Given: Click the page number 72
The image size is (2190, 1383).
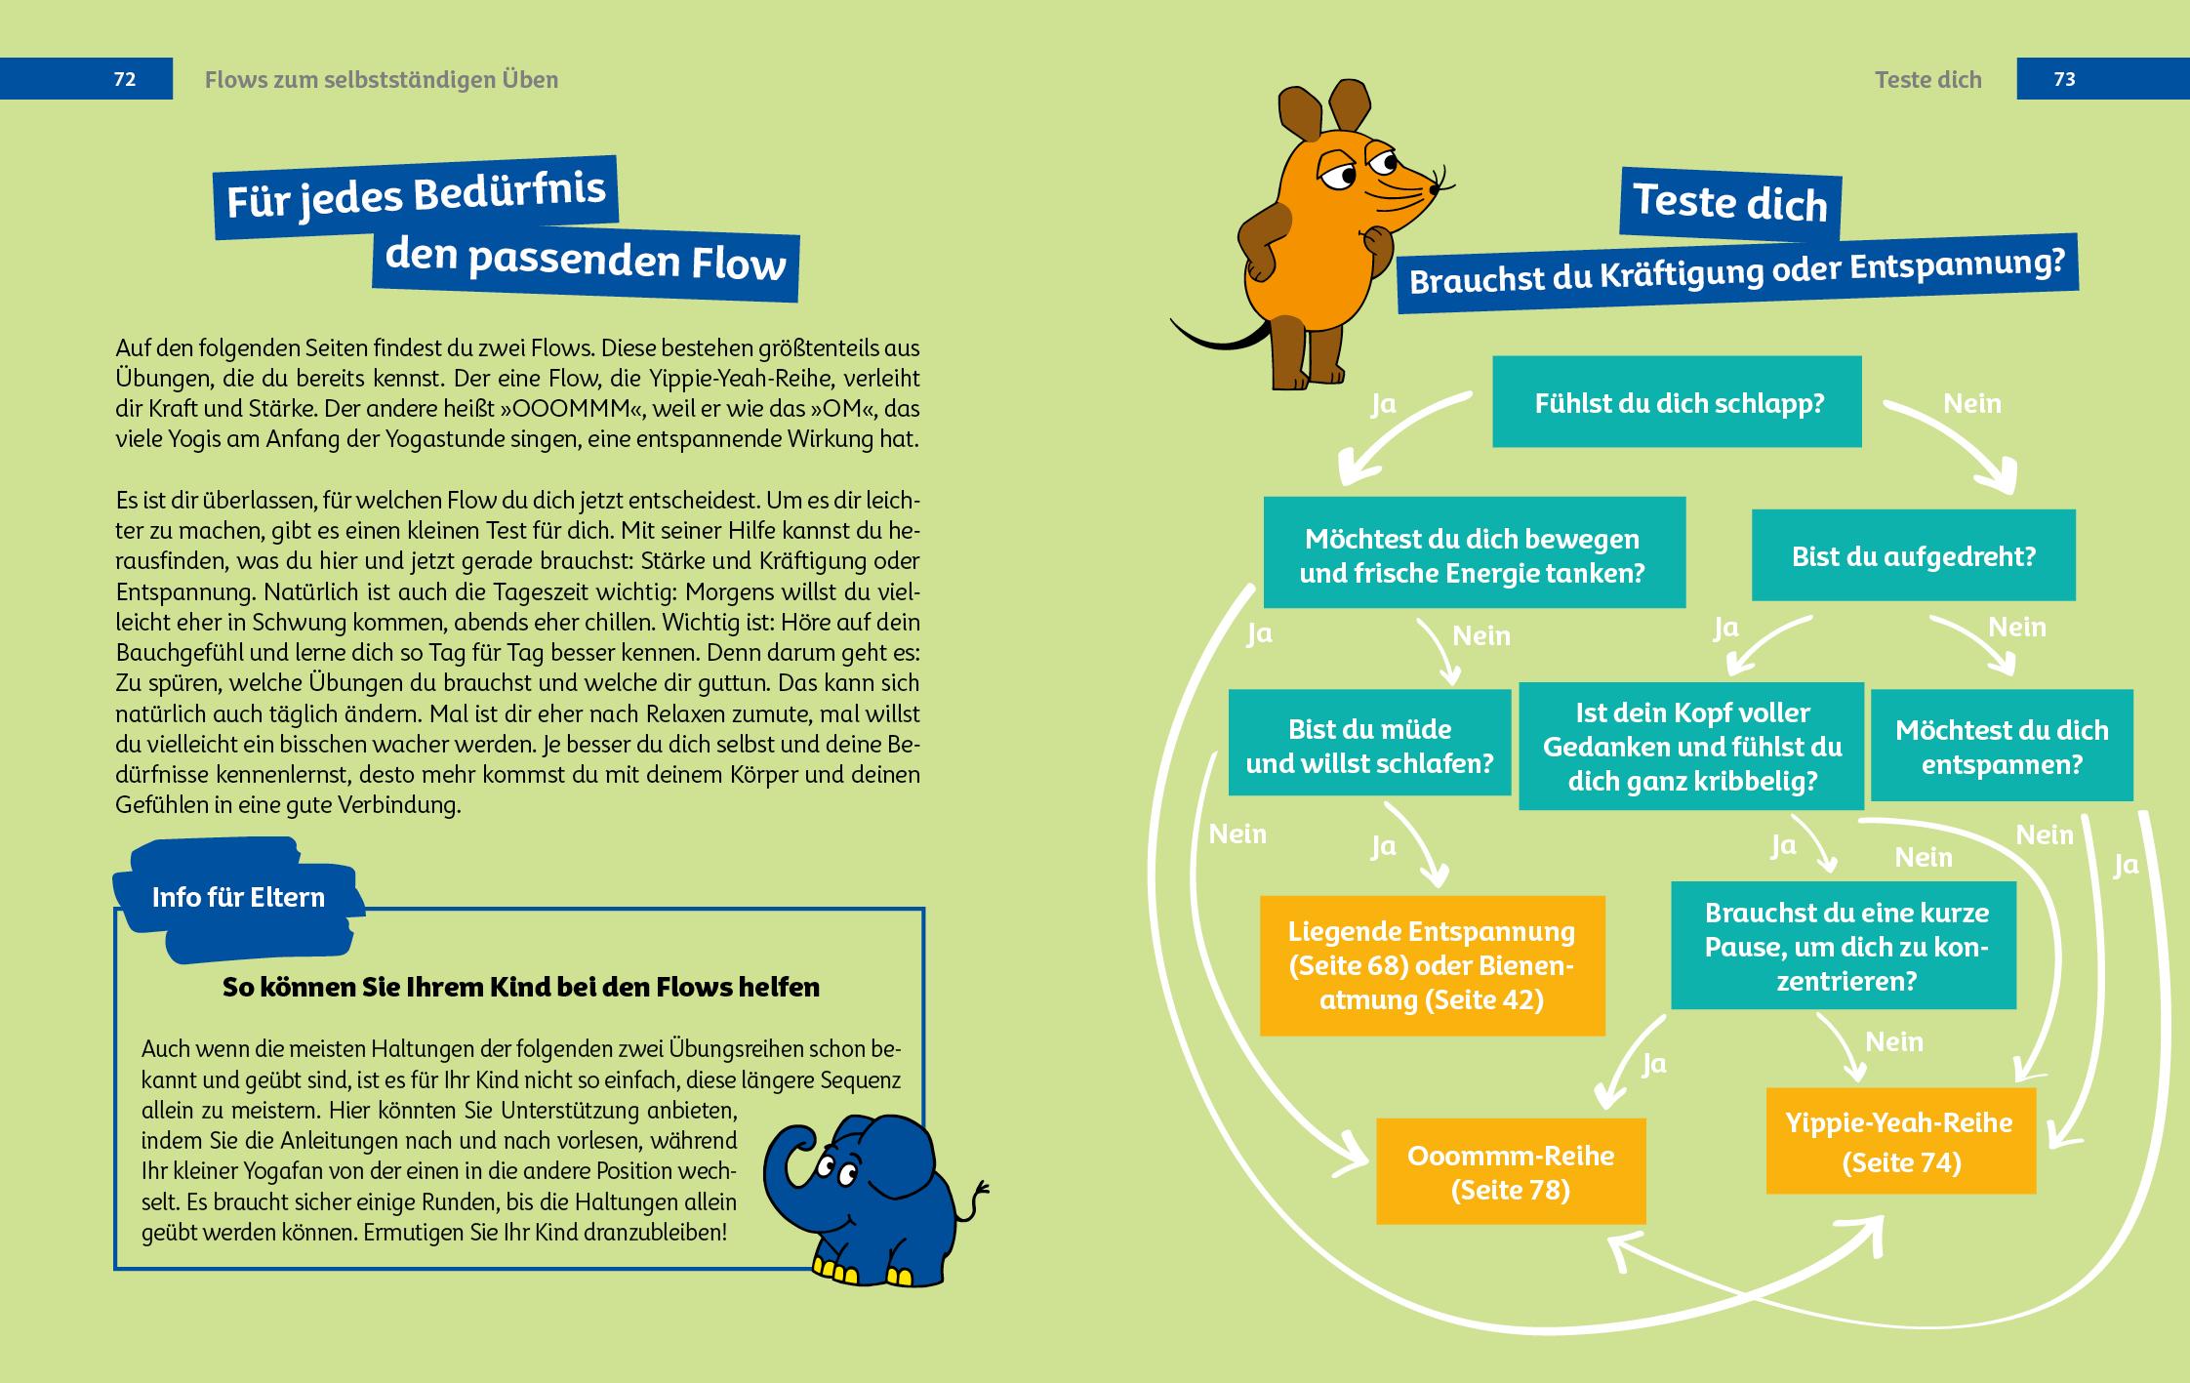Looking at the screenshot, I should (x=124, y=79).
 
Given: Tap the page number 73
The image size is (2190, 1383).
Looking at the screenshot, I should (x=2064, y=79).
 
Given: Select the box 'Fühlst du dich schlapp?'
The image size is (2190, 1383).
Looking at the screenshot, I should (x=1678, y=402).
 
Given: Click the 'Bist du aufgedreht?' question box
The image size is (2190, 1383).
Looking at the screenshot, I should (x=1913, y=555).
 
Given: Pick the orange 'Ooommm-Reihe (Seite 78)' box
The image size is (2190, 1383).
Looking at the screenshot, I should (x=1510, y=1171).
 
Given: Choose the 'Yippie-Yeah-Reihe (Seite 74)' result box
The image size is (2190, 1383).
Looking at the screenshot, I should (x=1899, y=1141).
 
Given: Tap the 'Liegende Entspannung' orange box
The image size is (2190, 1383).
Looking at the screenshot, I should (x=1431, y=964).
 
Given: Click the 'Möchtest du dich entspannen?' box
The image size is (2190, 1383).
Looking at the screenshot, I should (x=2001, y=746).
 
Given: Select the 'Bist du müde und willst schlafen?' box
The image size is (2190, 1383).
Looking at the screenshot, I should (x=1369, y=745).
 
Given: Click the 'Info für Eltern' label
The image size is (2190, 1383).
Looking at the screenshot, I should (x=238, y=897).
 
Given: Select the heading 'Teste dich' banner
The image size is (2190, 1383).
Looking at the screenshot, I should (x=1729, y=203).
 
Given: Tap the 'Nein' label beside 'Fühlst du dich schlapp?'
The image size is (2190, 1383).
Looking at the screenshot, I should (x=1971, y=403).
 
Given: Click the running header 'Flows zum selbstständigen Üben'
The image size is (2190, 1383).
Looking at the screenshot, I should (x=382, y=79).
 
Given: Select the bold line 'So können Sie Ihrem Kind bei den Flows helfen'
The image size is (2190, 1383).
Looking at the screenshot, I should (x=520, y=987).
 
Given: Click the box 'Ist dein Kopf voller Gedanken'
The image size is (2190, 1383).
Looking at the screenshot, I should (x=1691, y=747).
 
